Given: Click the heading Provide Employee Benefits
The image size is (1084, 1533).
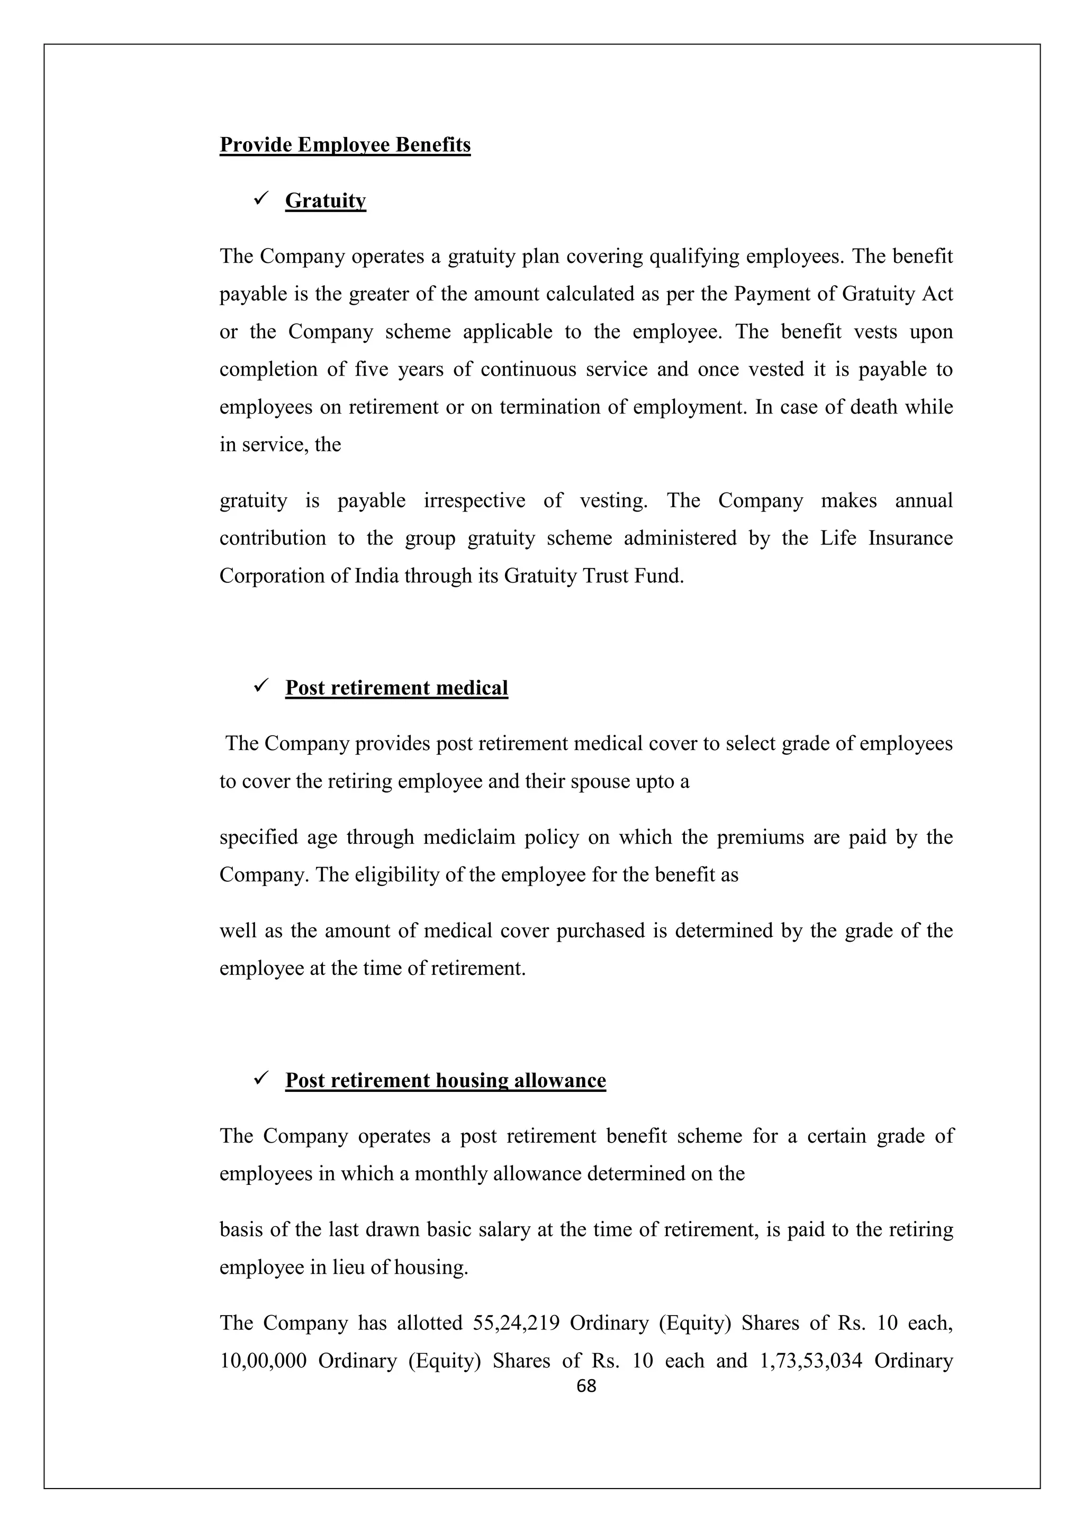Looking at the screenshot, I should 345,145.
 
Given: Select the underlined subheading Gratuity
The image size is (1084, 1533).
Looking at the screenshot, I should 326,200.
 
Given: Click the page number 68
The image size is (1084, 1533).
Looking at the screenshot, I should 586,1386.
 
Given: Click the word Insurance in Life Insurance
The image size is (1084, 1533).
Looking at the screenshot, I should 910,538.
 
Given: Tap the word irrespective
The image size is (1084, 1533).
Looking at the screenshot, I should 474,501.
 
